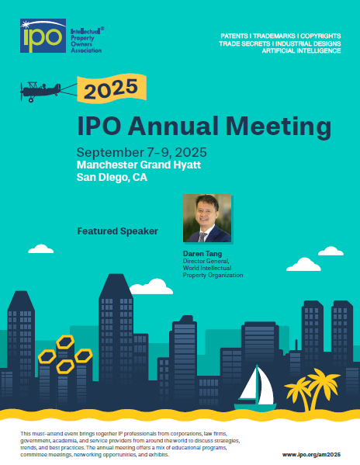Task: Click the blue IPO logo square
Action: click(43, 36)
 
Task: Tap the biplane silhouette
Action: click(40, 91)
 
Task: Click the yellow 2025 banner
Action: click(112, 88)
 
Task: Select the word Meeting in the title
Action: click(279, 127)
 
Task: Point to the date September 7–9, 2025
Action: click(142, 152)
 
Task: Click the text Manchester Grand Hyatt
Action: click(139, 165)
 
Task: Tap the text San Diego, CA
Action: click(112, 177)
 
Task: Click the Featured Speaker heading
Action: click(118, 231)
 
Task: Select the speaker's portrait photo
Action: click(207, 218)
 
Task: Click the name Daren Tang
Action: click(202, 254)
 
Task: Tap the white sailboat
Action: click(255, 388)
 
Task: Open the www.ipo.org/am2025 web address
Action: click(311, 455)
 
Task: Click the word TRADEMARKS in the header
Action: click(274, 36)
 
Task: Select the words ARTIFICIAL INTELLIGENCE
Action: click(301, 50)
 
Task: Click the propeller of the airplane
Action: click(21, 92)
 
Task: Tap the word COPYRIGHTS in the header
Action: click(320, 36)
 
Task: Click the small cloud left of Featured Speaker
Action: click(41, 249)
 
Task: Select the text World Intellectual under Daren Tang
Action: click(207, 268)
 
